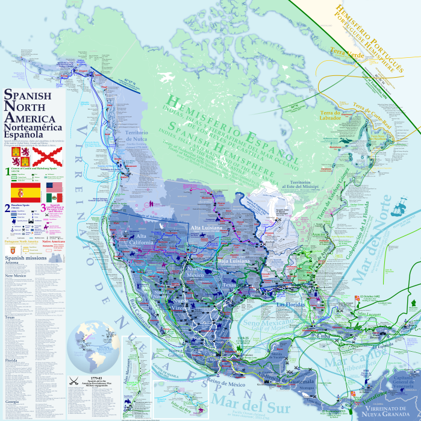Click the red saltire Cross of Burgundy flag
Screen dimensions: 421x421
click(x=46, y=157)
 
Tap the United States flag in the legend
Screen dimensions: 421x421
click(x=54, y=188)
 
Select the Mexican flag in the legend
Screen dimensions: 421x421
click(x=54, y=198)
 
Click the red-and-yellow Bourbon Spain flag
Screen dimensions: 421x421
click(x=26, y=192)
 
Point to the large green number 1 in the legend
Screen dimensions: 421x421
click(x=7, y=172)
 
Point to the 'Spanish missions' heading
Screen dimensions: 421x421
click(x=25, y=258)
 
